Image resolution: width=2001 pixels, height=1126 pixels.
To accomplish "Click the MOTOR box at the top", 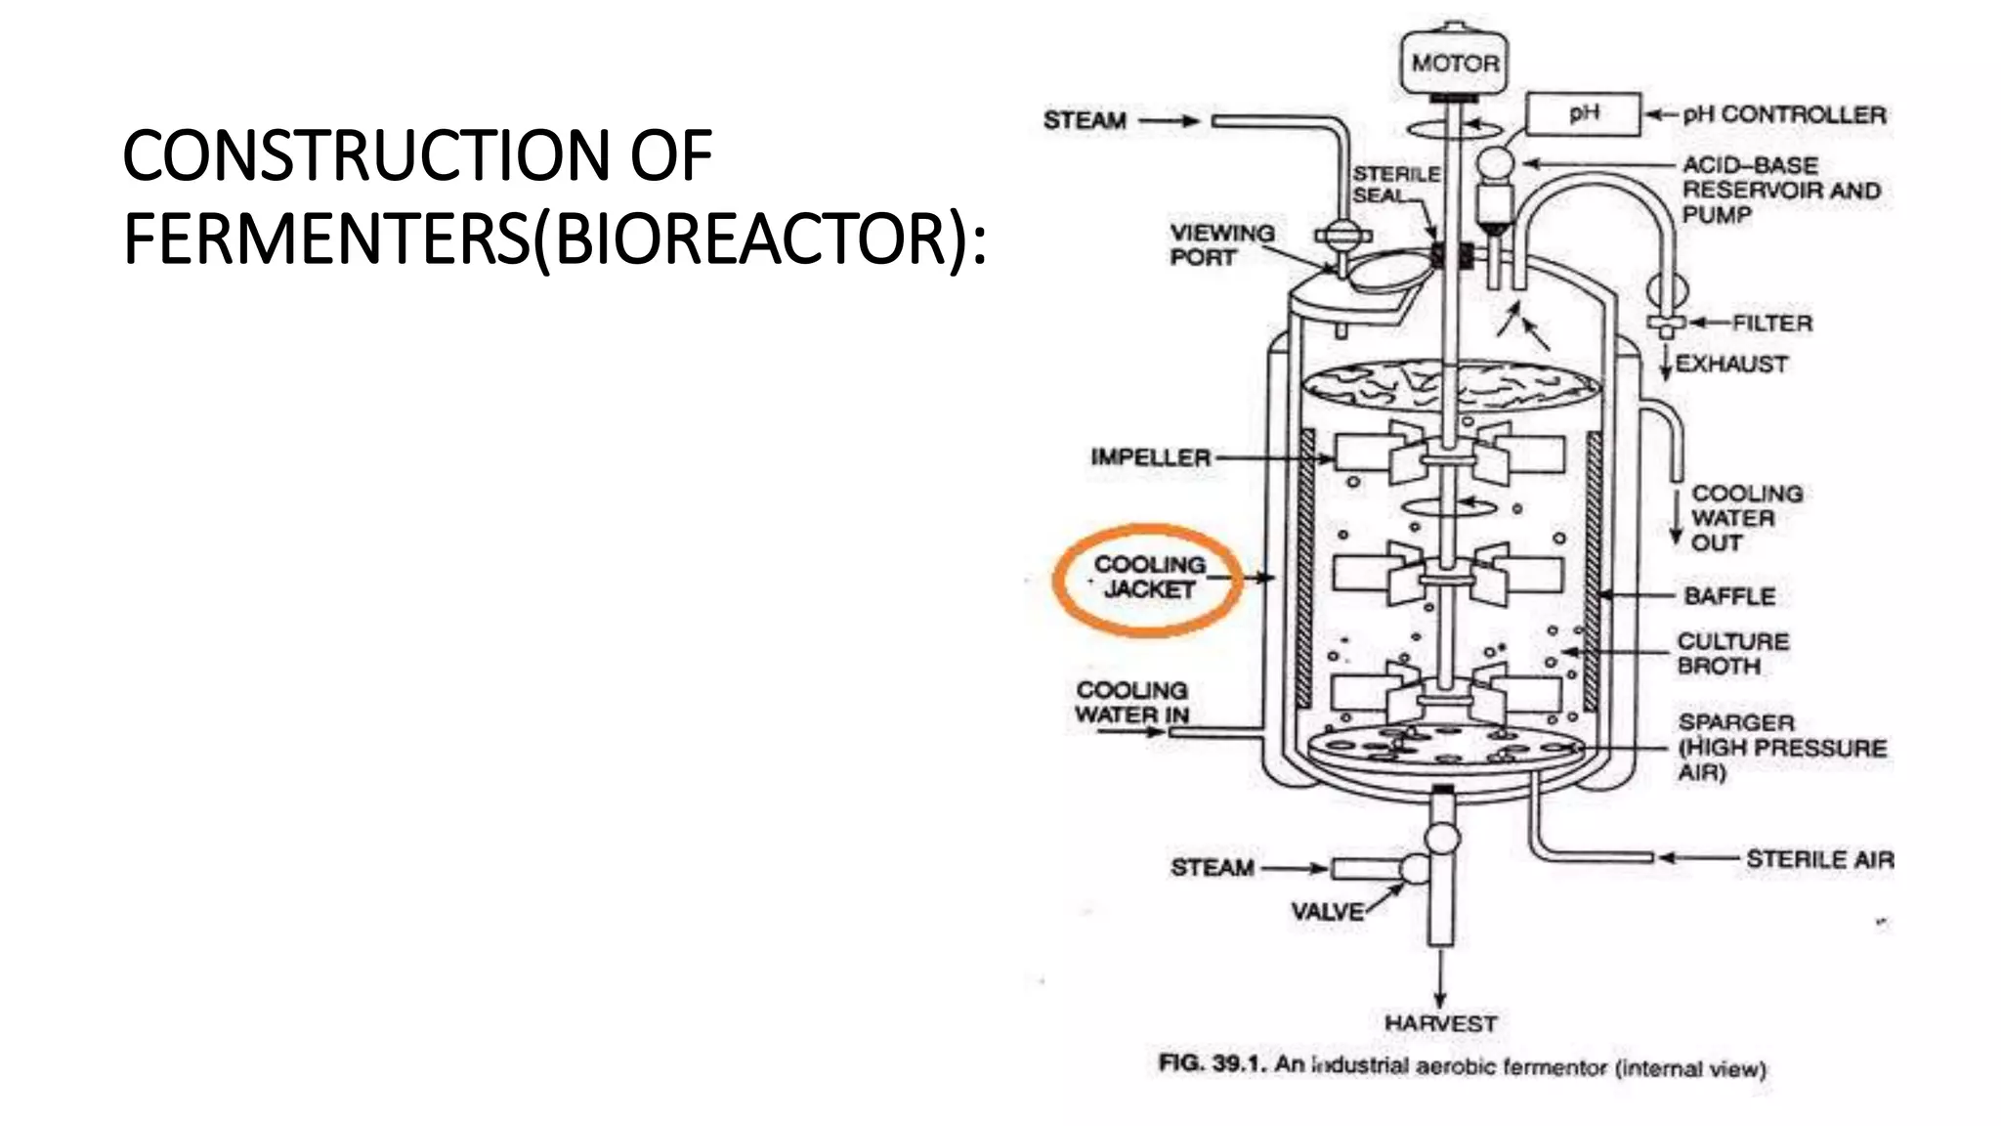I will point(1454,63).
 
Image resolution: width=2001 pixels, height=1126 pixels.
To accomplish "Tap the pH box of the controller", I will point(1583,113).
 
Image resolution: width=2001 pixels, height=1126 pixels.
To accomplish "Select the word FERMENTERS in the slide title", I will point(326,239).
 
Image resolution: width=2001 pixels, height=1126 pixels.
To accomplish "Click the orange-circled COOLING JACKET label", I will point(1149,578).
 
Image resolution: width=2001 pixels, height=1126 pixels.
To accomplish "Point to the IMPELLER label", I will point(1150,457).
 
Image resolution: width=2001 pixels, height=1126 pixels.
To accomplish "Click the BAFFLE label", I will point(1728,595).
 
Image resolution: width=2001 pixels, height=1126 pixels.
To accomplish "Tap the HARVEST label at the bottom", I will point(1440,1023).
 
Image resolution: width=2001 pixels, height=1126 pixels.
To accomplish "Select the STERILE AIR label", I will point(1819,859).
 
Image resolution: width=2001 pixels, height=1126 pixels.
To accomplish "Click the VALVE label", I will point(1327,911).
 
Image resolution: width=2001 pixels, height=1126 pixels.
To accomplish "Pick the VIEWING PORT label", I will point(1221,244).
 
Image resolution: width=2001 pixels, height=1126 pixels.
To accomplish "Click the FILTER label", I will point(1771,323).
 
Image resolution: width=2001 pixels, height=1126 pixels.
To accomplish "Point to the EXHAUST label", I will point(1730,364).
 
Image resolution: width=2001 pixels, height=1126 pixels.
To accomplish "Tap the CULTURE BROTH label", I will point(1732,653).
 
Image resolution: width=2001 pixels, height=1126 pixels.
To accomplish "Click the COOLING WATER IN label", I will point(1131,703).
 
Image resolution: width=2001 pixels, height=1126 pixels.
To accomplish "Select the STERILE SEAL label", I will point(1395,184).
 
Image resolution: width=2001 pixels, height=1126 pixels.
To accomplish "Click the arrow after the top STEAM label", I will point(1169,121).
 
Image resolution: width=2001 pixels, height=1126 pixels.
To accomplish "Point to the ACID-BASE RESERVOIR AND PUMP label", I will point(1780,190).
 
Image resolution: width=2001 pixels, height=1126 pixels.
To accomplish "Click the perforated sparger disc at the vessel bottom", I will point(1452,750).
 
